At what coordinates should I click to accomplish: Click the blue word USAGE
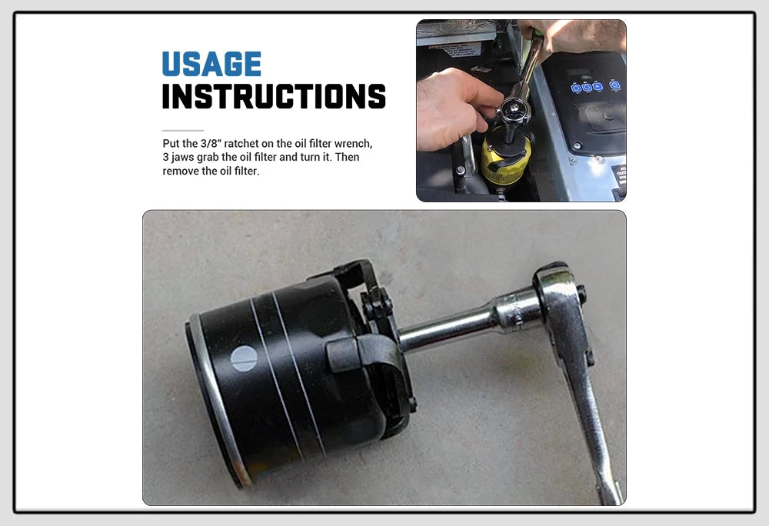tap(211, 64)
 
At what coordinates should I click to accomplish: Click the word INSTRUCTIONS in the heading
tap(274, 97)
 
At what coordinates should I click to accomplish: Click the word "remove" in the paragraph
tap(181, 171)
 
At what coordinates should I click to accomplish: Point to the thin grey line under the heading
tap(183, 131)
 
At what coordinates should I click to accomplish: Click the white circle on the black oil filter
tap(244, 358)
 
